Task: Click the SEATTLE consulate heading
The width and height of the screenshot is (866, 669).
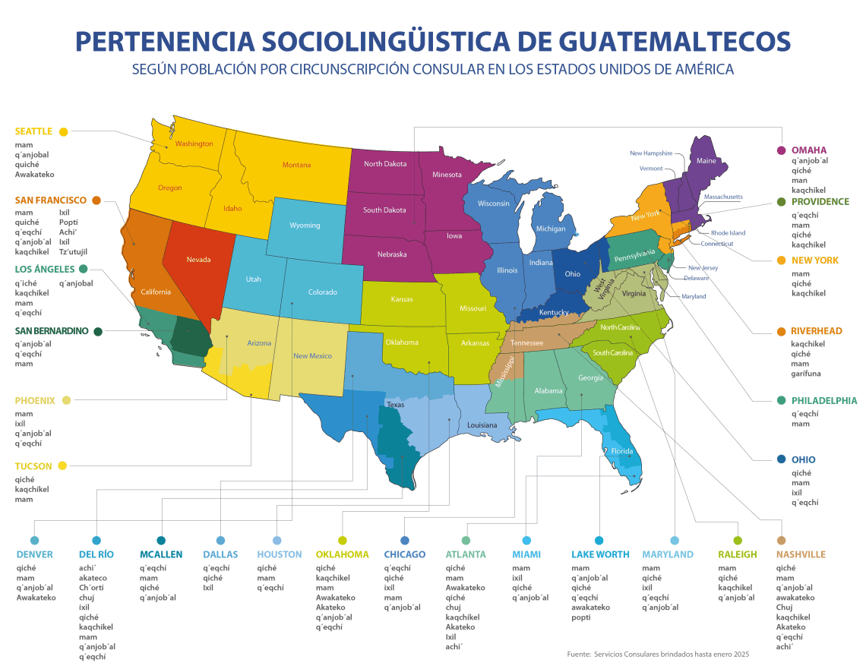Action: point(33,131)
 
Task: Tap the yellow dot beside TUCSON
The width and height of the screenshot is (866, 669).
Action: point(62,465)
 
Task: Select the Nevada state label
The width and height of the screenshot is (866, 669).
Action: point(198,260)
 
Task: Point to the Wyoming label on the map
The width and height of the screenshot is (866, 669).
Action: point(305,226)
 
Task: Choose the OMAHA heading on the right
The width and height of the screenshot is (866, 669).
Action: point(809,150)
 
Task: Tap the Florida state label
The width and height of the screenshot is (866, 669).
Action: point(622,451)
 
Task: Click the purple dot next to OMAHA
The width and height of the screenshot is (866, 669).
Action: point(781,150)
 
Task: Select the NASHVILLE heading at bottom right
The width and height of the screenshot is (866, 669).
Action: point(801,554)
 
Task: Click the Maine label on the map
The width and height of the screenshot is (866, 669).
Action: point(706,161)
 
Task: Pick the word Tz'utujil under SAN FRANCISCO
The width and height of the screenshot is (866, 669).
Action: point(73,251)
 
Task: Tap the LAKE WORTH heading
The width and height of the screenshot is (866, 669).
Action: point(600,554)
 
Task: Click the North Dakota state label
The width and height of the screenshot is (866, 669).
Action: point(384,164)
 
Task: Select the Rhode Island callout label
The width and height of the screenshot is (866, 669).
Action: point(728,233)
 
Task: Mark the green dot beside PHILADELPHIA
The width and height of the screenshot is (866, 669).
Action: point(782,400)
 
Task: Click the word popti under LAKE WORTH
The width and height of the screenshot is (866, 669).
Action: point(580,617)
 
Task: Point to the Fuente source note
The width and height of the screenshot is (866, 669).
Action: point(658,654)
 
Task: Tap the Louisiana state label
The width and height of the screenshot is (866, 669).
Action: point(482,425)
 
